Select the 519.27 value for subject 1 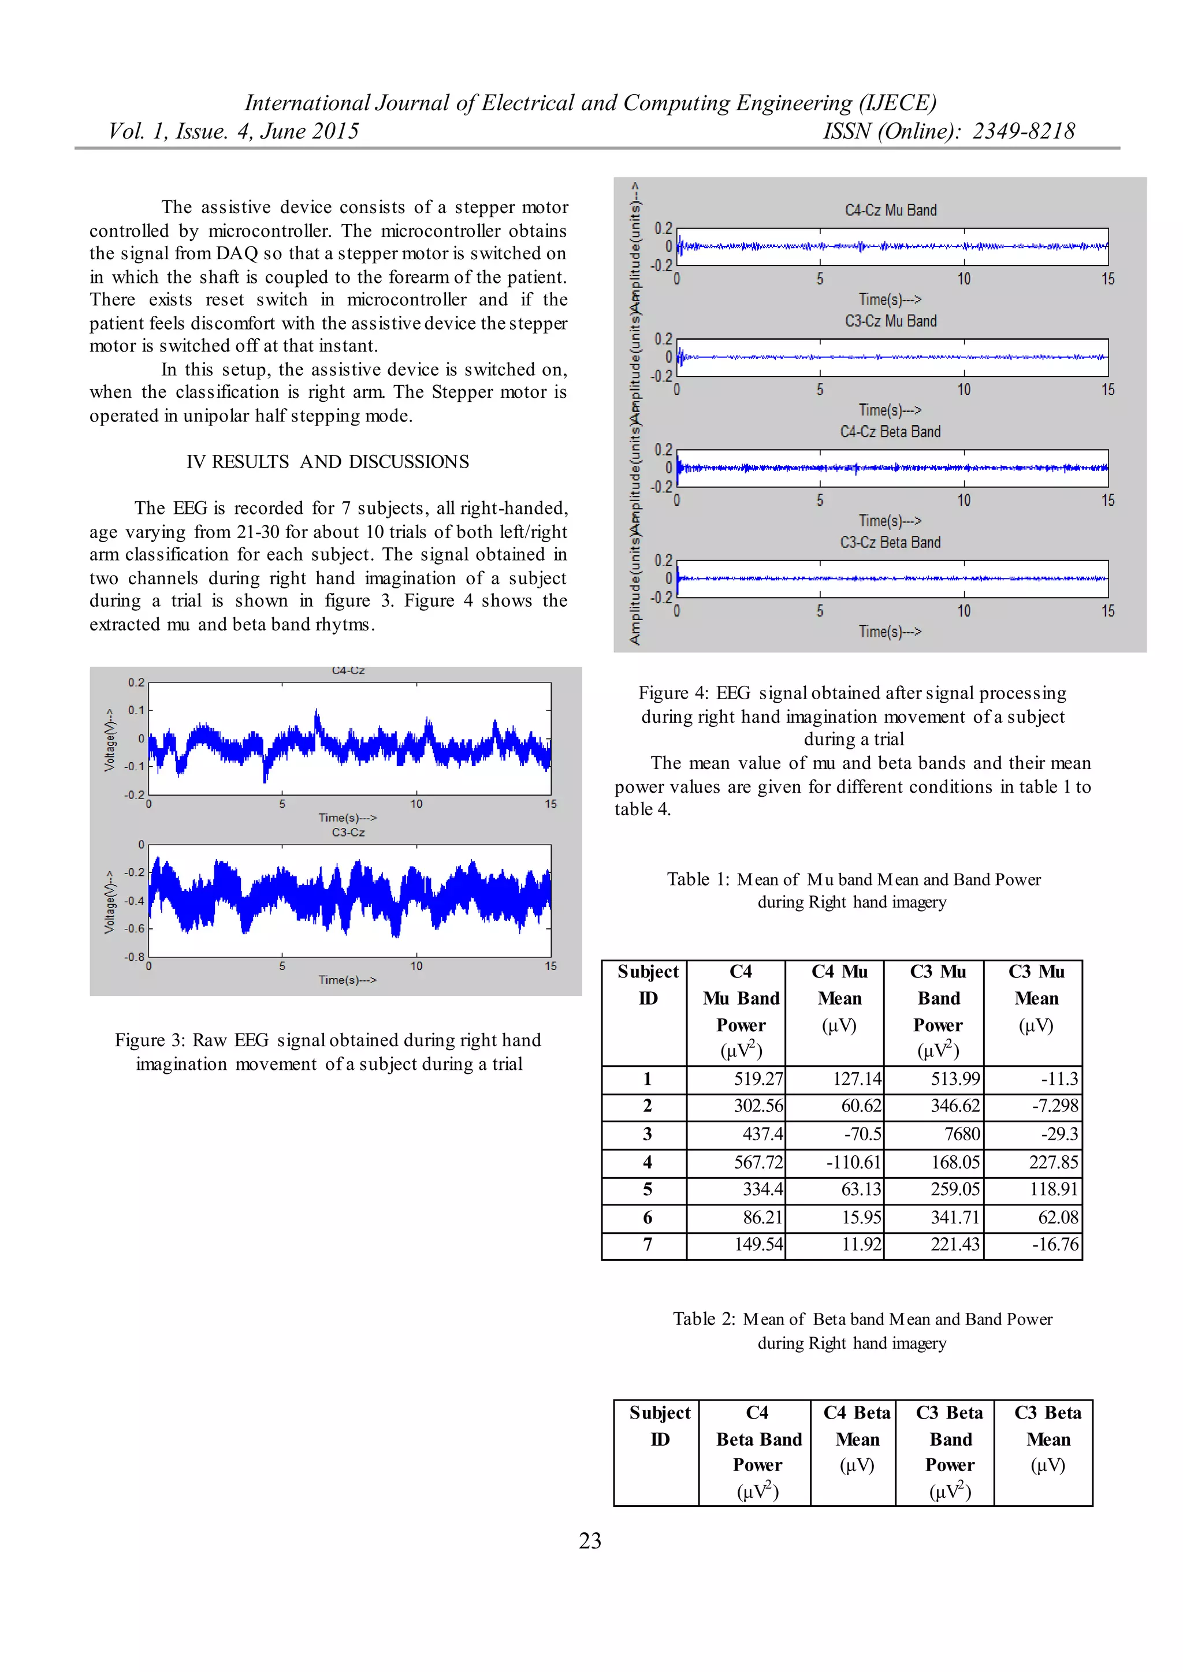[758, 1078]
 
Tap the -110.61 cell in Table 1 [853, 1162]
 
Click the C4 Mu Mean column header [839, 998]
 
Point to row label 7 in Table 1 [647, 1245]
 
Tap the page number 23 [590, 1540]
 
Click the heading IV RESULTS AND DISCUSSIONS [328, 462]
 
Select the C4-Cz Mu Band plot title [890, 211]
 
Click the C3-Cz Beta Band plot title [890, 543]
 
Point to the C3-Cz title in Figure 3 [348, 833]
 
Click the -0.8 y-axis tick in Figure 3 [135, 957]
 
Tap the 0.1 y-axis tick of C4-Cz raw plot [136, 710]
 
